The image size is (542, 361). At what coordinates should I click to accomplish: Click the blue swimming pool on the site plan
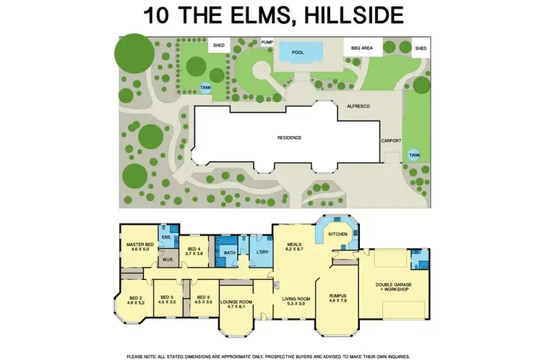click(298, 52)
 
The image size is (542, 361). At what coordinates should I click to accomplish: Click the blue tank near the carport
click(414, 154)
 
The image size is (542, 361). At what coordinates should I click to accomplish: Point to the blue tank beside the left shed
click(206, 88)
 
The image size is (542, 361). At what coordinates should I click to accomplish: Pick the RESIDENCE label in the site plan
click(289, 137)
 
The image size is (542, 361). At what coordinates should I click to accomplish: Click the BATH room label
click(230, 252)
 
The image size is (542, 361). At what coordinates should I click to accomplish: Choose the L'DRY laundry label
click(262, 252)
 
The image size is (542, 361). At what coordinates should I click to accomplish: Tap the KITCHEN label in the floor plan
click(338, 234)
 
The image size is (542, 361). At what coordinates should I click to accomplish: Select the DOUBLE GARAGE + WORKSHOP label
click(392, 287)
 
